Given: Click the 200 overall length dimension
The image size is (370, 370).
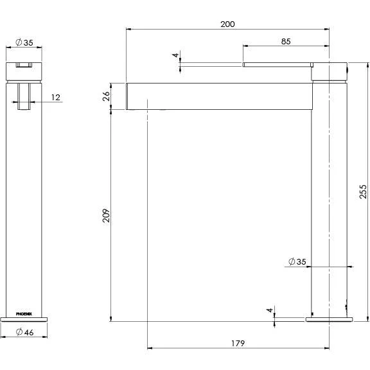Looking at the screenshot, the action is pos(227,24).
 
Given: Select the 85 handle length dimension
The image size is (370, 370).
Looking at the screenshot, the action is pos(285,42).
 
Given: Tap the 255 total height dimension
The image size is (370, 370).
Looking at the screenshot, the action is pos(363,191).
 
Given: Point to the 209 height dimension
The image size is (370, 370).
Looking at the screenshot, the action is pos(106,215).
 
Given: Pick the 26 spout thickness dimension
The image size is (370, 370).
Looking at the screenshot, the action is pos(106,96).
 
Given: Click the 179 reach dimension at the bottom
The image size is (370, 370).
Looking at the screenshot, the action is pos(238,343).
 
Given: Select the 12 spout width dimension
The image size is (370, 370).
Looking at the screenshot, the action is pos(56,97).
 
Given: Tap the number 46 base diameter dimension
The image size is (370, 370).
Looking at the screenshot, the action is pos(29,333).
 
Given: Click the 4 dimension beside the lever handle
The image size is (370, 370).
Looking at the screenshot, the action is pos(175,55).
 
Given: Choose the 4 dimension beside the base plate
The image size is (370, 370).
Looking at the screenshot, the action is pos(270,310).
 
